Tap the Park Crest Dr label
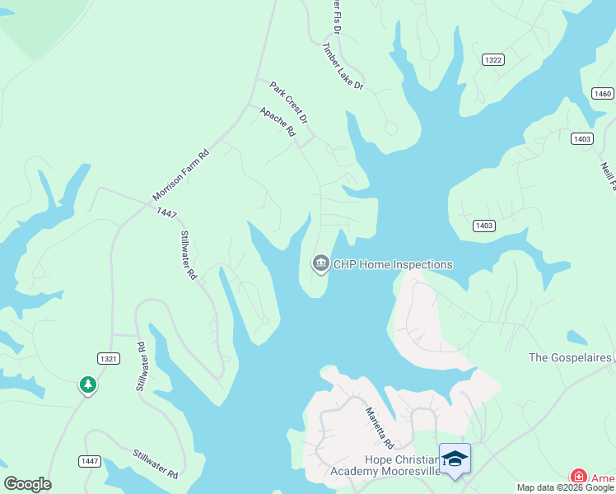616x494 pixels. coord(288,102)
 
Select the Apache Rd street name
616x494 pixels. coord(278,121)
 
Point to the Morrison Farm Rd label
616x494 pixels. coord(181,175)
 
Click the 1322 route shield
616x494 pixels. coord(493,60)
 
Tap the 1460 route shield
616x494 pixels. coord(602,93)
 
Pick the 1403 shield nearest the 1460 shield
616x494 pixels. coord(581,139)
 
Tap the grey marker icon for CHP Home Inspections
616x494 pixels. coord(320,264)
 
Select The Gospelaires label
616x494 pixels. coord(571,357)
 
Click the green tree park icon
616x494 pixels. coord(88,384)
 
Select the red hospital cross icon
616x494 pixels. coord(579,477)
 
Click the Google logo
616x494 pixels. coord(27,484)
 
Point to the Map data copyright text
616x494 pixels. coord(566,487)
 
